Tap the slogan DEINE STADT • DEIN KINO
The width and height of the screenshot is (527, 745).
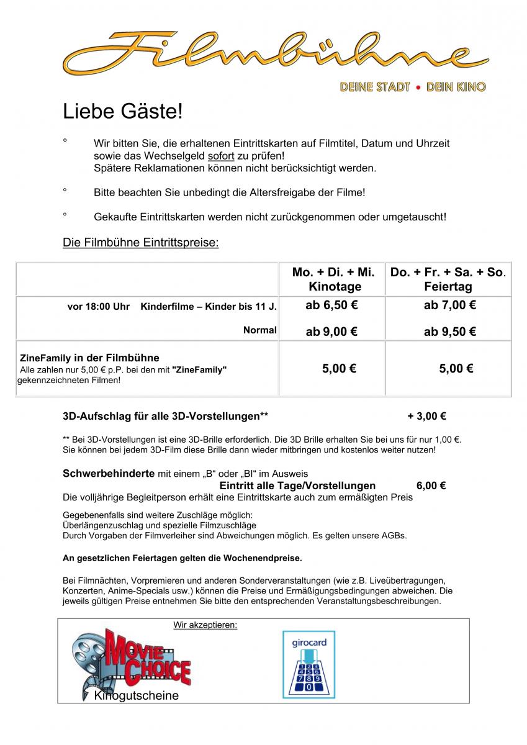coord(412,88)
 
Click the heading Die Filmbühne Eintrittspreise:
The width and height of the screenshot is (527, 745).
coord(141,242)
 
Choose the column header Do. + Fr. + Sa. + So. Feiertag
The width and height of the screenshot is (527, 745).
coord(448,279)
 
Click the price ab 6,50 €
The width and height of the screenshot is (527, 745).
coord(331,305)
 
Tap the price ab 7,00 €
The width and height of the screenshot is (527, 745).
coord(449,305)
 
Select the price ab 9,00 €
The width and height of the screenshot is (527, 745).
coord(331,332)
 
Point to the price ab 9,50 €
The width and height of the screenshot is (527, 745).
coord(449,332)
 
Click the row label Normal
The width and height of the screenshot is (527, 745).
coord(259,330)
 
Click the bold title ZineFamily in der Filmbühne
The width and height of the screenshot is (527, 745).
coord(89,358)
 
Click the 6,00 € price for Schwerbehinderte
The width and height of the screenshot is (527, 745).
coord(431,485)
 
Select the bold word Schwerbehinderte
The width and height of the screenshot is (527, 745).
coord(109,474)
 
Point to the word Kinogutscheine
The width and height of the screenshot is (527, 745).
coord(136,696)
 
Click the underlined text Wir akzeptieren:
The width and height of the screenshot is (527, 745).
coord(205,625)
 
